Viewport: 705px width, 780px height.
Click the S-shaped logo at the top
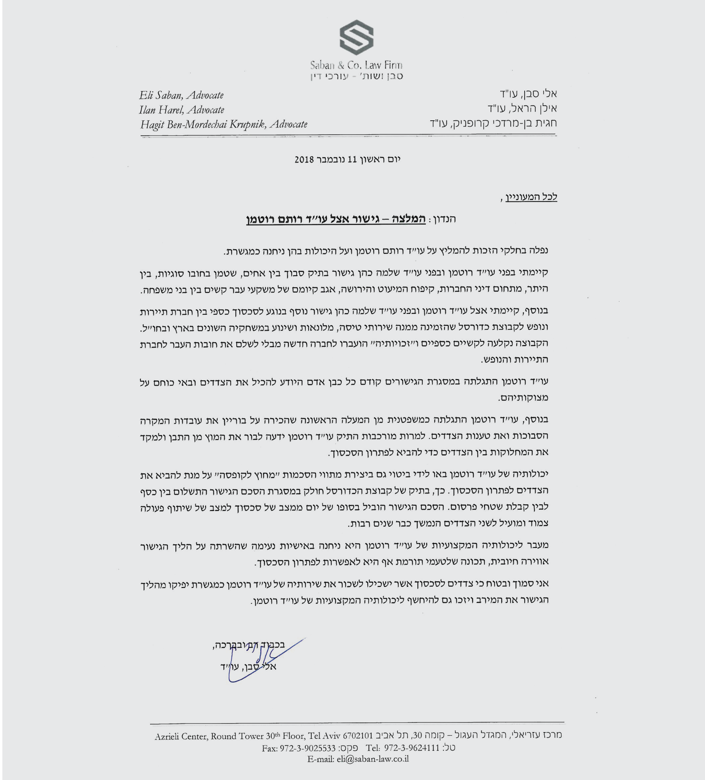point(356,38)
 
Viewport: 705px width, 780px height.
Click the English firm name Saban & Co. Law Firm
point(356,65)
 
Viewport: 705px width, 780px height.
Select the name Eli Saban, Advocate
point(181,95)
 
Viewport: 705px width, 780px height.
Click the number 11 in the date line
point(352,159)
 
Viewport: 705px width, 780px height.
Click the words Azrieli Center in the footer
point(181,736)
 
